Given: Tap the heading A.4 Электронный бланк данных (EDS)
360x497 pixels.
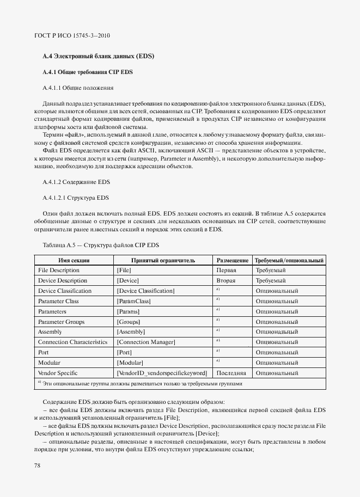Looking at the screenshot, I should (99, 56).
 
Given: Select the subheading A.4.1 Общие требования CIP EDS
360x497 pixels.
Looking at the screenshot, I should (88, 72).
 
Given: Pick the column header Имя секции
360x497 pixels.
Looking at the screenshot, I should (74, 260).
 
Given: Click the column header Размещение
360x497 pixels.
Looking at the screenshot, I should (233, 260).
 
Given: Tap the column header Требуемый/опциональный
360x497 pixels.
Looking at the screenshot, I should (289, 260).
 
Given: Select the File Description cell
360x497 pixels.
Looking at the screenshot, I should (59, 270).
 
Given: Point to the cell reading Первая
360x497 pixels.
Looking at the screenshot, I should (227, 270).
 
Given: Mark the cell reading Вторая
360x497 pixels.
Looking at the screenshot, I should (226, 280).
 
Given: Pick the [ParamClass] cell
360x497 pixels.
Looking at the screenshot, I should (133, 301).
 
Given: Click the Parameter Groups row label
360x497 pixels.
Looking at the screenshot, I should (62, 322).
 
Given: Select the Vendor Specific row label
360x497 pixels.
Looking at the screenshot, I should (57, 373).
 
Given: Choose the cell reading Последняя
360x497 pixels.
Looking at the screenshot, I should (231, 373).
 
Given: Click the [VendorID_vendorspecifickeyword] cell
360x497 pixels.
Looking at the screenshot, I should (162, 373).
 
